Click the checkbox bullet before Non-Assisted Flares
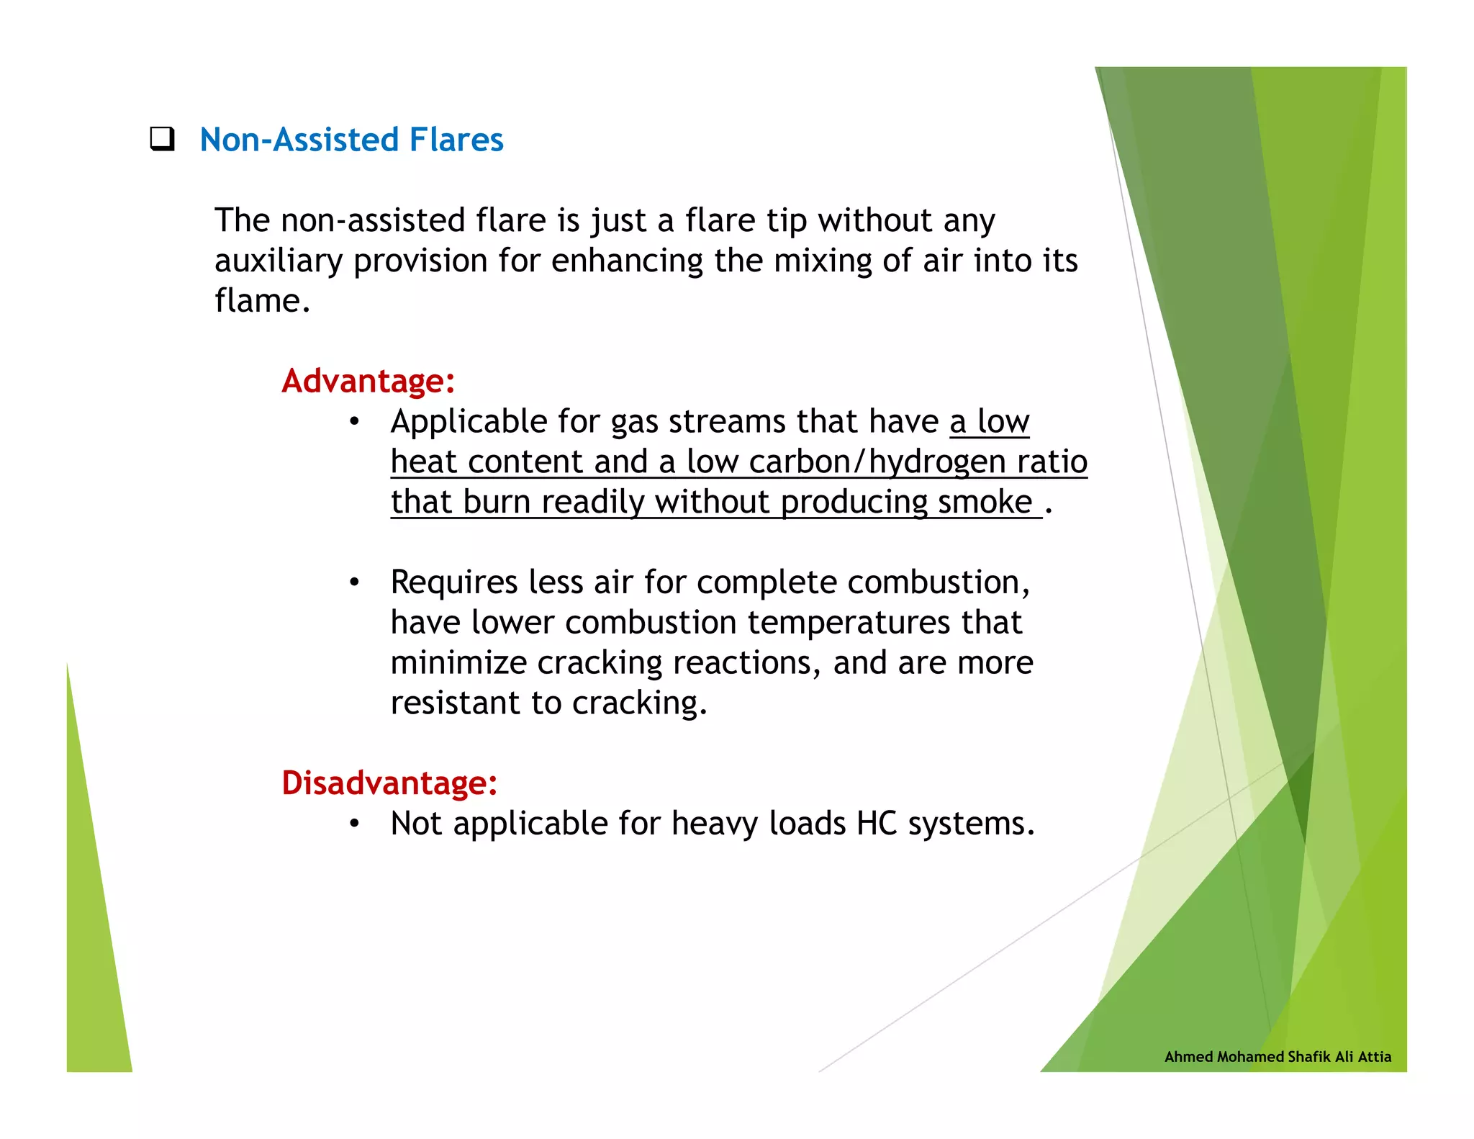[x=162, y=138]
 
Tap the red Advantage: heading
[x=368, y=381]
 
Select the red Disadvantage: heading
[x=389, y=783]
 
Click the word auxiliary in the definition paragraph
[x=278, y=261]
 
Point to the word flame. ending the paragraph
[x=262, y=301]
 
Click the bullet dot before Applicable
[x=353, y=422]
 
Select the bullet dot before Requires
[x=353, y=582]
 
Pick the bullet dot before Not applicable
[x=353, y=824]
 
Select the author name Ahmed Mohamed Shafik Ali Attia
[x=1278, y=1056]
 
